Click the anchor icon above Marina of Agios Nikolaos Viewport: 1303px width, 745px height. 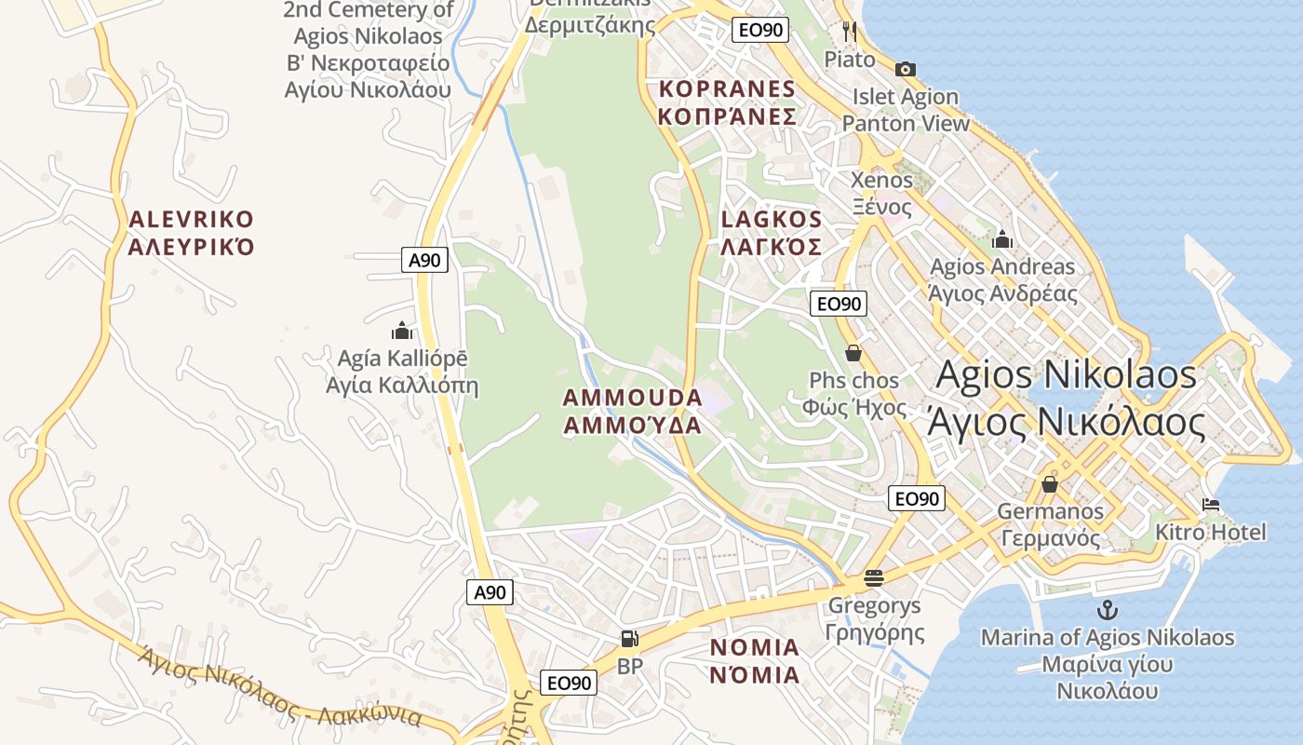point(1108,611)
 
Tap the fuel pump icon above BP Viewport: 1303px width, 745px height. point(630,639)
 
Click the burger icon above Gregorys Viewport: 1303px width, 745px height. point(873,578)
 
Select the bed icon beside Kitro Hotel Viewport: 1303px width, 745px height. point(1211,506)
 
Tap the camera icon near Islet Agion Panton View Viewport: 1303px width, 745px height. point(905,69)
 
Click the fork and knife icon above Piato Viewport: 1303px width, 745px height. point(849,32)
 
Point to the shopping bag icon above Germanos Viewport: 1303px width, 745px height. point(1050,484)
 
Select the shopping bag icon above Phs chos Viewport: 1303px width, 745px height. point(853,353)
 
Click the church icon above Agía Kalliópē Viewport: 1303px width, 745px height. point(402,331)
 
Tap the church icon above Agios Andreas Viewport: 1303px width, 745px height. point(1002,239)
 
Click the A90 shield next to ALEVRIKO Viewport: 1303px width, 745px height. point(425,260)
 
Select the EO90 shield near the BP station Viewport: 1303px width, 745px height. point(569,683)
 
